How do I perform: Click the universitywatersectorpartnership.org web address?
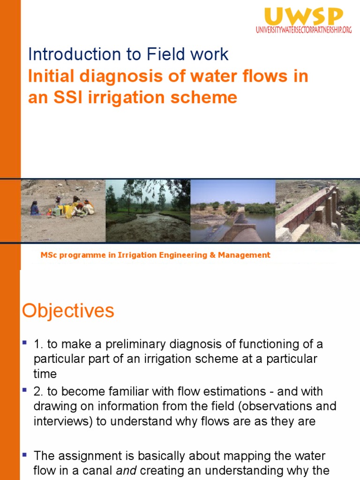pos(303,30)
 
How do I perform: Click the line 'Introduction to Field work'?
pos(128,54)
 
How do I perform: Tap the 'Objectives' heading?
pos(68,311)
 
